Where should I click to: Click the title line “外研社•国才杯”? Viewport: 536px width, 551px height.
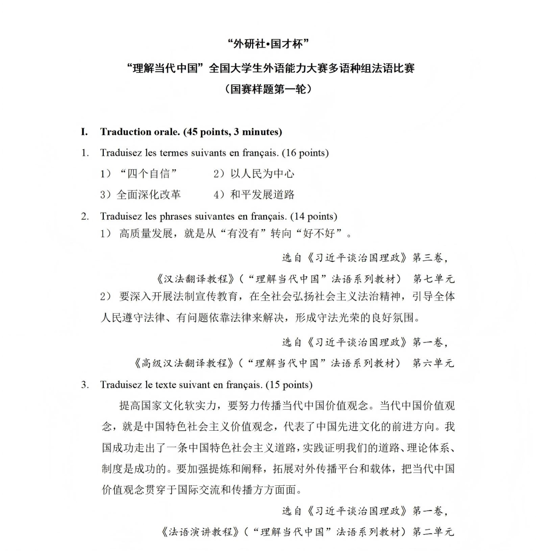point(268,44)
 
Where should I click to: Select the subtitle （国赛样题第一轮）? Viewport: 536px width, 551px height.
point(268,89)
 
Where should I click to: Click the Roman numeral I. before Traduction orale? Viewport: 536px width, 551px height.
point(84,132)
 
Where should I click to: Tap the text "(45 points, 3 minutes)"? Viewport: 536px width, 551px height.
point(233,132)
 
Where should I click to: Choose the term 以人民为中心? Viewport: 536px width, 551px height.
point(262,174)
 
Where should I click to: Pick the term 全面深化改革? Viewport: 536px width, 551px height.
point(148,195)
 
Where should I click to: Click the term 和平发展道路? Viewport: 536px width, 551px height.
point(262,195)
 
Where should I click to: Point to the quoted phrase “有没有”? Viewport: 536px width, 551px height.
point(244,233)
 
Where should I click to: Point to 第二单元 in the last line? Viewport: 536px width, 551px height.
point(433,532)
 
